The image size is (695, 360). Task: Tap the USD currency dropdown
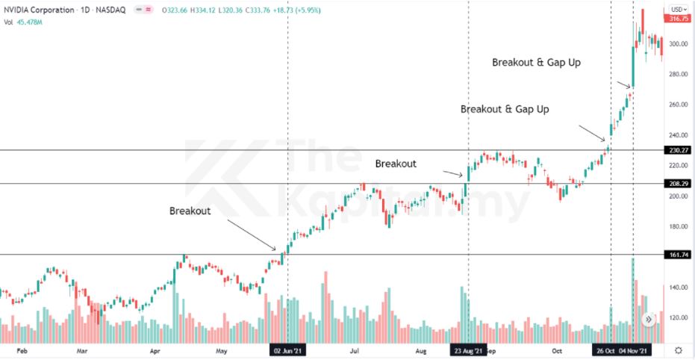coord(677,10)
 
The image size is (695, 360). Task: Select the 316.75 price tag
coord(678,19)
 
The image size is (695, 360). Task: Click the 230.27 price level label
coord(678,150)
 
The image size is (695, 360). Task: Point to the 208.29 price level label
coord(678,183)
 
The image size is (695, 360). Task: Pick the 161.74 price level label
coord(678,255)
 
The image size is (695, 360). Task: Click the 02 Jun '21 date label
coord(287,350)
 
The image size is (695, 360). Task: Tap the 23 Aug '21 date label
coord(468,350)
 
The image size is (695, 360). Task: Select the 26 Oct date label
coord(605,350)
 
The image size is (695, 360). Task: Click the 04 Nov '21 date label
coord(635,350)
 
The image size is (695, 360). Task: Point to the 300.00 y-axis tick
coord(678,44)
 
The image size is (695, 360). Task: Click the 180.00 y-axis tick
coord(678,227)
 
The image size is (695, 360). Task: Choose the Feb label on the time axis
coord(22,350)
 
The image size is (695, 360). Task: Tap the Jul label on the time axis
coord(356,350)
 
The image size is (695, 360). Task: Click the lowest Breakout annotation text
coord(190,211)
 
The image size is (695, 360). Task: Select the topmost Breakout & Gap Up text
coord(536,63)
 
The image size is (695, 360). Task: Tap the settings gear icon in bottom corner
coord(678,350)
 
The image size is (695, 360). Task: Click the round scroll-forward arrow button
coord(649,320)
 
